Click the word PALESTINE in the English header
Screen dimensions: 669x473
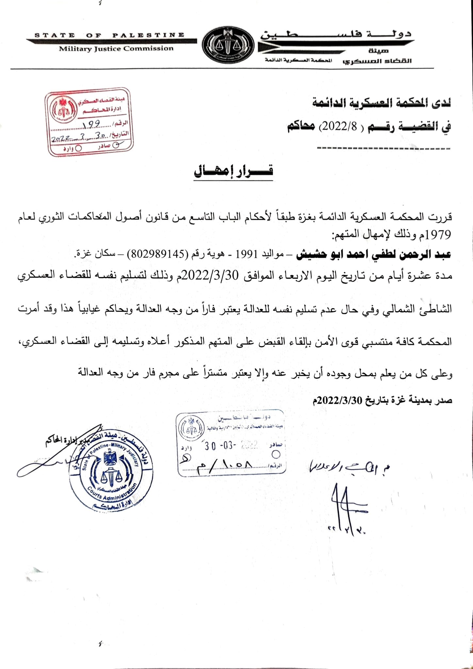pyautogui.click(x=148, y=35)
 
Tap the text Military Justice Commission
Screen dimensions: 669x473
pyautogui.click(x=116, y=49)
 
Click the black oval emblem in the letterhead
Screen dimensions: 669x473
pyautogui.click(x=228, y=45)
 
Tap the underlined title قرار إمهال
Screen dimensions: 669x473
pyautogui.click(x=234, y=171)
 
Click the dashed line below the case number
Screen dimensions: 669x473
pyautogui.click(x=383, y=149)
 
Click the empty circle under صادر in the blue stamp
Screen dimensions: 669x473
pyautogui.click(x=276, y=454)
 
